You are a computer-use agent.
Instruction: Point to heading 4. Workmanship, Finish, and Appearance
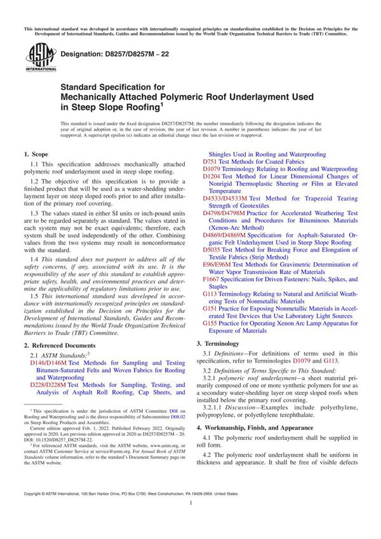pyautogui.click(x=261, y=428)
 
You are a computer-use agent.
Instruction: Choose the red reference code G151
pyautogui.click(x=211, y=307)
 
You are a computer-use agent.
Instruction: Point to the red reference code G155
pyautogui.click(x=211, y=322)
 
